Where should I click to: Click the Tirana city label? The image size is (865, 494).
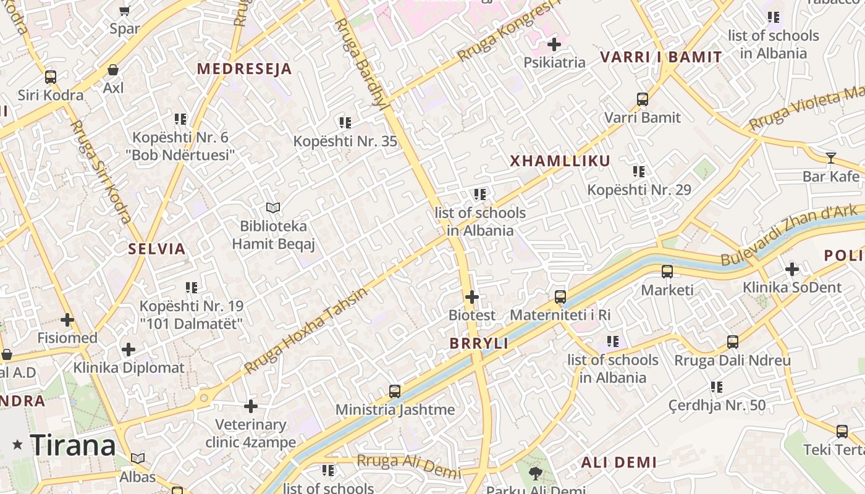(73, 445)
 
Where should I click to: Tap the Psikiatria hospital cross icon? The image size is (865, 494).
(554, 44)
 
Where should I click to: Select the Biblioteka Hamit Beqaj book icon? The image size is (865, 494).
(273, 208)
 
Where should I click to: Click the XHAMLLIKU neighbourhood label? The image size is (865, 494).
(560, 161)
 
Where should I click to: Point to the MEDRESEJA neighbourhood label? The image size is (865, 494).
(244, 69)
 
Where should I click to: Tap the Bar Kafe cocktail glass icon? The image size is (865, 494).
(831, 158)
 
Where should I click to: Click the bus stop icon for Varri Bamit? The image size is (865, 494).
(643, 99)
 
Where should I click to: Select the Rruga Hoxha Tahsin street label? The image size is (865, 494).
(305, 330)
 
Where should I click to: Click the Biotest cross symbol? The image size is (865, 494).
(472, 297)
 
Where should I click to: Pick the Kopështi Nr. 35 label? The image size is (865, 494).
(345, 141)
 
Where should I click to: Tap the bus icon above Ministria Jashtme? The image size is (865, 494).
(395, 391)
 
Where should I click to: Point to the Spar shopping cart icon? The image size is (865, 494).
(124, 10)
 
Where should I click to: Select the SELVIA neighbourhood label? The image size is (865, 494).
(156, 249)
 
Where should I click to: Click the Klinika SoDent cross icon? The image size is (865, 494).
(792, 269)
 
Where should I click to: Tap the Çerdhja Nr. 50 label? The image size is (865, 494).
(717, 406)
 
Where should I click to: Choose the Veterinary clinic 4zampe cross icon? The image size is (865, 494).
(251, 406)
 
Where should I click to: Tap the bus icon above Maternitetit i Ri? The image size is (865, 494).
(560, 297)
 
